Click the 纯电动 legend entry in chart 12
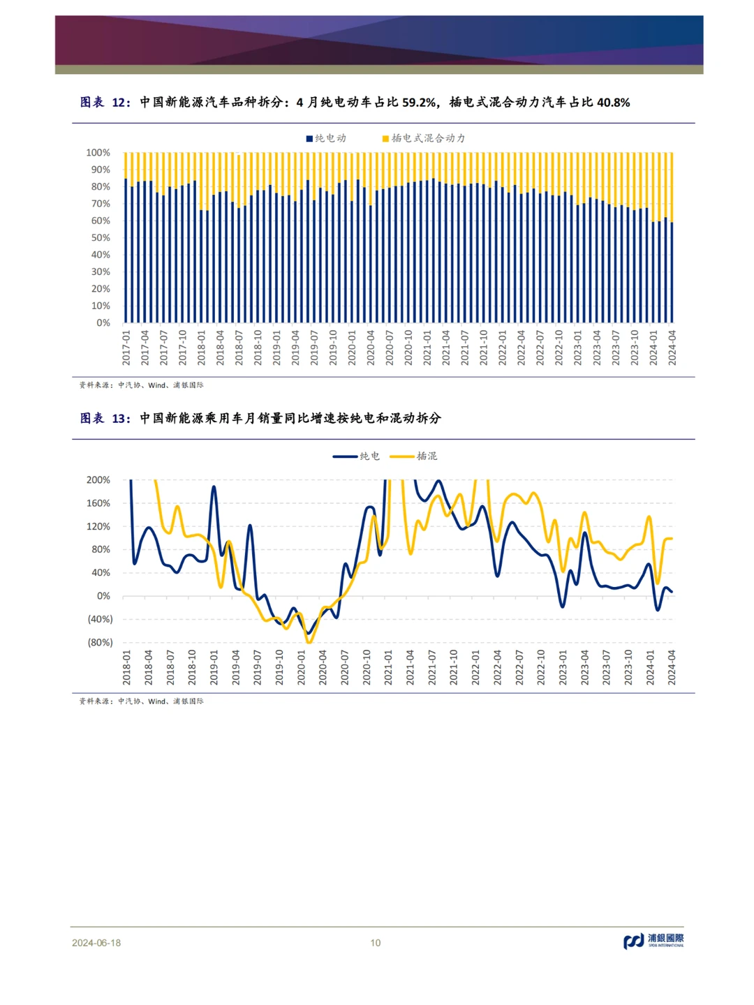pyautogui.click(x=326, y=138)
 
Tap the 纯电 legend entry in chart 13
pyautogui.click(x=357, y=456)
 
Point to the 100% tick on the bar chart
pyautogui.click(x=98, y=153)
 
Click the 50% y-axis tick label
pyautogui.click(x=101, y=238)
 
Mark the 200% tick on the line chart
pyautogui.click(x=98, y=480)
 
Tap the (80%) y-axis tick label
pyautogui.click(x=100, y=643)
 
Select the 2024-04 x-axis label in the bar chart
pyautogui.click(x=672, y=348)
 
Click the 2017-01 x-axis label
pyautogui.click(x=126, y=348)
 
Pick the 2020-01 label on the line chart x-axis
pyautogui.click(x=302, y=667)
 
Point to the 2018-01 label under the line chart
pyautogui.click(x=127, y=667)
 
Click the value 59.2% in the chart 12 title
pyautogui.click(x=419, y=103)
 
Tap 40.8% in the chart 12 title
pyautogui.click(x=613, y=103)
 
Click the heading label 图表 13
pyautogui.click(x=105, y=419)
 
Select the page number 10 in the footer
pyautogui.click(x=376, y=943)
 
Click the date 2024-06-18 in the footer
pyautogui.click(x=96, y=943)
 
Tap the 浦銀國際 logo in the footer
pyautogui.click(x=653, y=941)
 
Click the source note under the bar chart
pyautogui.click(x=141, y=385)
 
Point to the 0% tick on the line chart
pyautogui.click(x=103, y=596)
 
